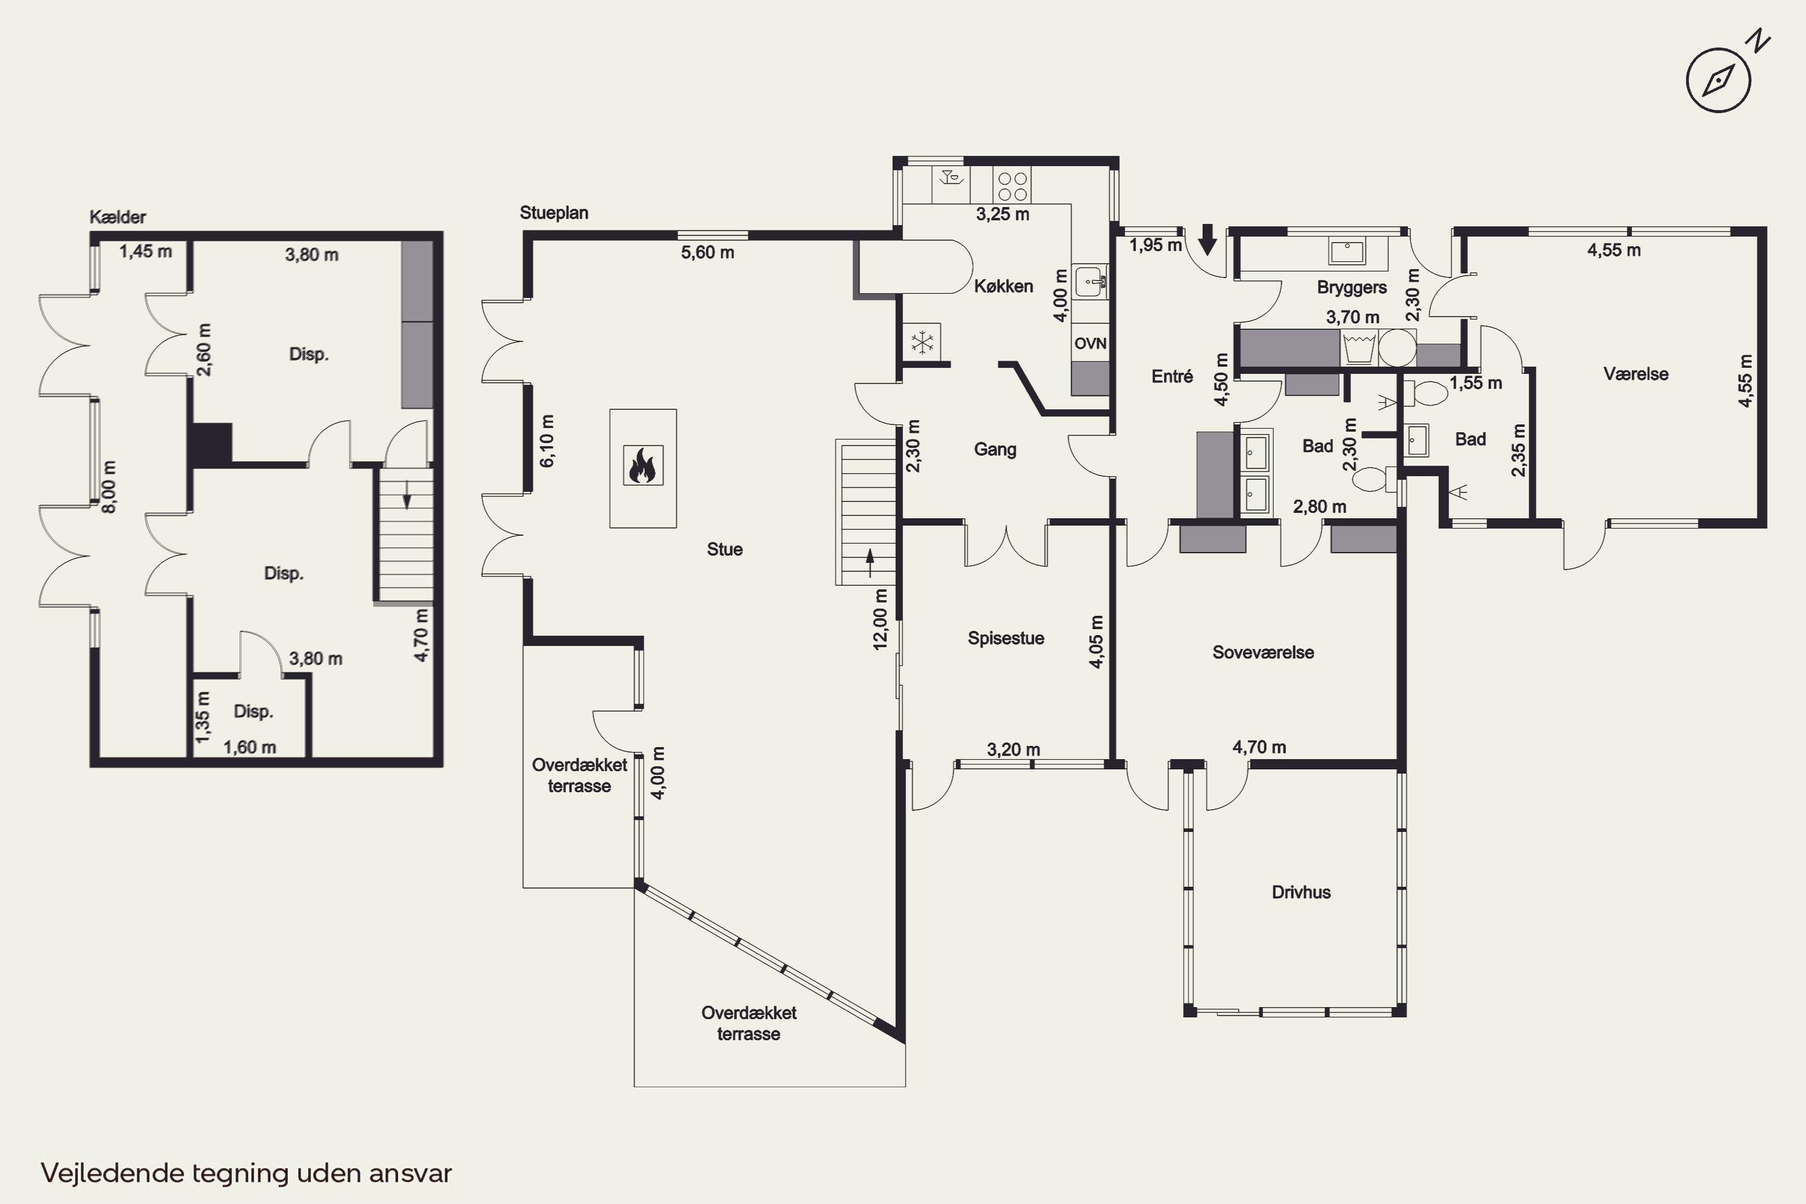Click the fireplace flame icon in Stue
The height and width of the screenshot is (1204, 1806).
643,465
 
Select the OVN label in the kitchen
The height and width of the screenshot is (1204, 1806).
1090,343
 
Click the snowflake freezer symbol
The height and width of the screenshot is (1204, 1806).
922,342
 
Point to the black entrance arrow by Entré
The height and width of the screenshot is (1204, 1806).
1208,240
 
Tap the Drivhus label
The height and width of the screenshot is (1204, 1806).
1301,892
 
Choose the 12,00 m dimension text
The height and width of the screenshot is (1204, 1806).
881,619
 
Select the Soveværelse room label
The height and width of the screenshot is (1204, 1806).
1263,653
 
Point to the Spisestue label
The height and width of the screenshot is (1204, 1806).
1006,639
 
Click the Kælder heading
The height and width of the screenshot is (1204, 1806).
117,217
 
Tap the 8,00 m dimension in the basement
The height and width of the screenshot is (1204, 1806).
110,488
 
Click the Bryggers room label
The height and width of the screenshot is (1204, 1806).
1351,288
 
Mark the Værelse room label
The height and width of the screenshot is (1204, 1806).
1636,374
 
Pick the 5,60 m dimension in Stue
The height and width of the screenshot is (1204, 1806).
707,253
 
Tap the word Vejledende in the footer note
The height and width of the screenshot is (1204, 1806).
113,1173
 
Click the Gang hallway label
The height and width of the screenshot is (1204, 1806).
995,450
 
